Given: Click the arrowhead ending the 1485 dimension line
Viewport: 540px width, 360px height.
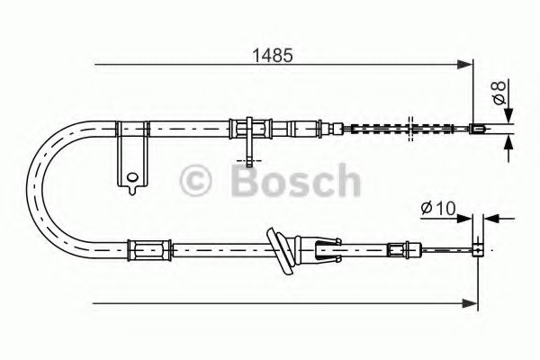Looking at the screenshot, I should [465, 64].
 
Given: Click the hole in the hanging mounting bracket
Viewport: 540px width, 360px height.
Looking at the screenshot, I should [131, 177].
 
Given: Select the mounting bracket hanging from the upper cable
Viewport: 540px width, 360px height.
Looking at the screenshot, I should [130, 157].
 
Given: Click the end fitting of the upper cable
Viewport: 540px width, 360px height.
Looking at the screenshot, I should [478, 129].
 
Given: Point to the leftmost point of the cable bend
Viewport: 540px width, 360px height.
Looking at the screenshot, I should [30, 184].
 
